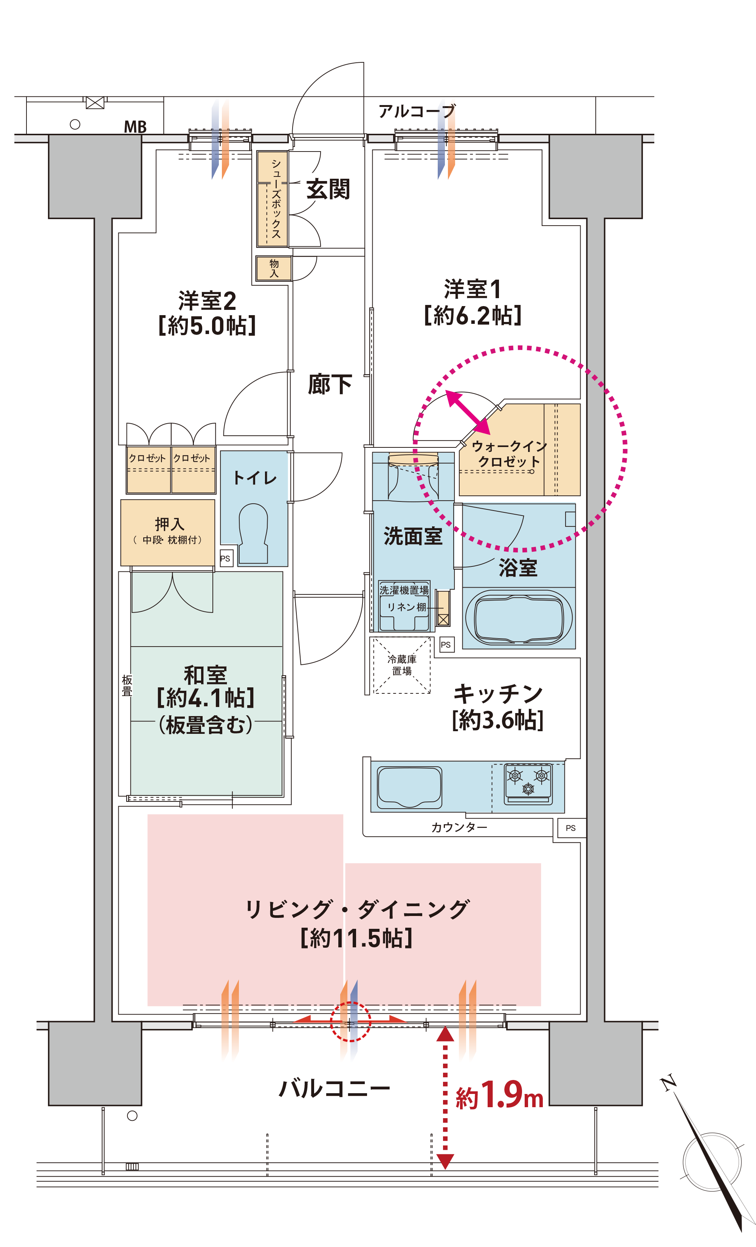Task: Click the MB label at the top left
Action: pos(135,127)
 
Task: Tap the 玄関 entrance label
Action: pos(328,189)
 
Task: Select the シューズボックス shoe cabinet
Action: pos(272,198)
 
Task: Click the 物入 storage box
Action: pos(273,268)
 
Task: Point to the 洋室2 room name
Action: pos(207,301)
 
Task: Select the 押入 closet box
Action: pos(167,532)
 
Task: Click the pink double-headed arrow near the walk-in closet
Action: pos(468,413)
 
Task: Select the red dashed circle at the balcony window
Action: pos(350,1022)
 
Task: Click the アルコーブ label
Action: pos(417,111)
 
